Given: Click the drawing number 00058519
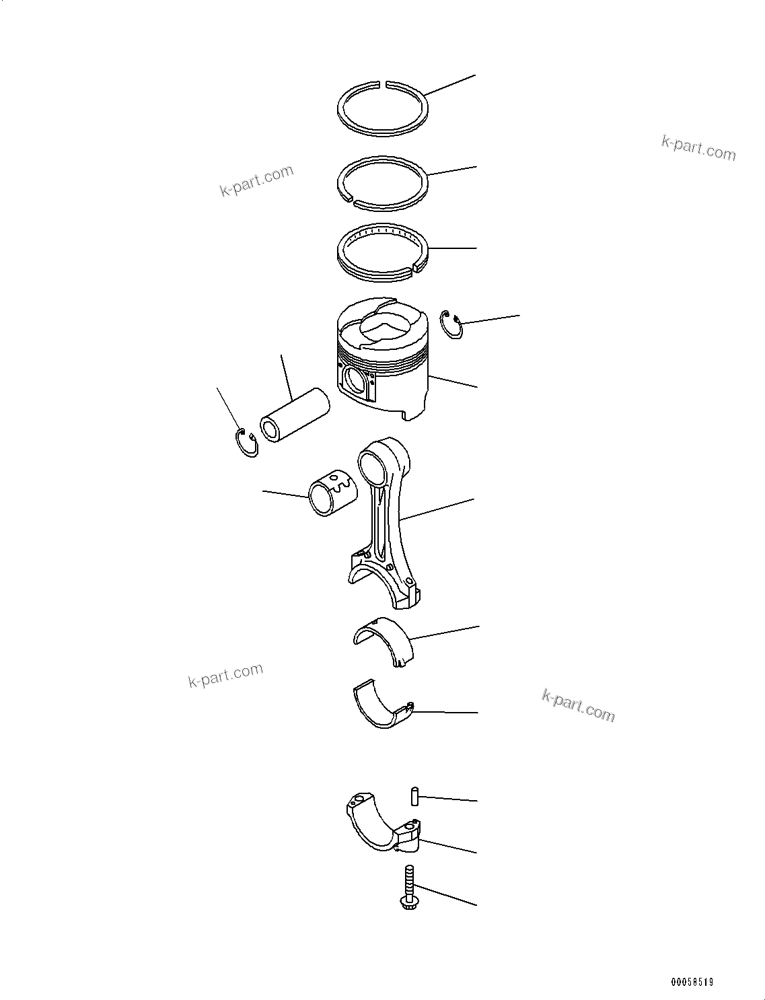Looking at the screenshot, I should click(x=691, y=982).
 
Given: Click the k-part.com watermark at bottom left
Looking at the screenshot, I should click(x=225, y=676).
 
